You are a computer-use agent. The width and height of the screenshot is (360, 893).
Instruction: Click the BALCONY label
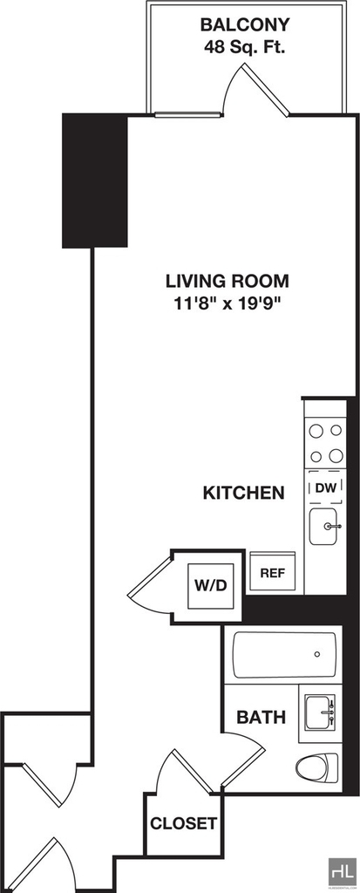245,25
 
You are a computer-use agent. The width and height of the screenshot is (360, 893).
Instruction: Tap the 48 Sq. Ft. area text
245,47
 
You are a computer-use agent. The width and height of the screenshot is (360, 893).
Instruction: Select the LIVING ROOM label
228,282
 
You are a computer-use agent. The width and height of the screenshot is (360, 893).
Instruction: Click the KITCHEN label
244,493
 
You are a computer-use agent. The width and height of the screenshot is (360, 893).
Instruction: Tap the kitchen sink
325,526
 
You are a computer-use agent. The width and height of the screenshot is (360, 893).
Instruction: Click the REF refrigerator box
273,572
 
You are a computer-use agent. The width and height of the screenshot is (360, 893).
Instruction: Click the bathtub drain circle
316,654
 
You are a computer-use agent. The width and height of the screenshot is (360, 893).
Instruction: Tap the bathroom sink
320,712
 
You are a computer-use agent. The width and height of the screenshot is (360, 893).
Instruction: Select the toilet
318,766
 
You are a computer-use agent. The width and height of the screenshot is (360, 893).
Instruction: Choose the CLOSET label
183,823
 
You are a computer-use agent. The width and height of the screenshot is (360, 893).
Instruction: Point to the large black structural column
94,181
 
